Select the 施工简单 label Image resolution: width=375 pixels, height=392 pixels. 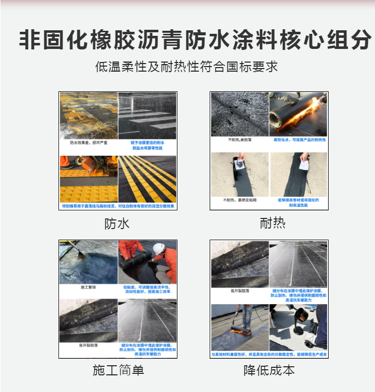tap(118, 370)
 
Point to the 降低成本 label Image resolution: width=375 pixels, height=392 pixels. tap(269, 370)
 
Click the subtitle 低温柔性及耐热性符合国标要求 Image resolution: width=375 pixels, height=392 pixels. tap(186, 67)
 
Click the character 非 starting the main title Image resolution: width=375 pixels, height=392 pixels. tap(30, 40)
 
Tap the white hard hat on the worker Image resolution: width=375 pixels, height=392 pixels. tap(159, 249)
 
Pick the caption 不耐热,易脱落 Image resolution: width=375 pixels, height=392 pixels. tap(238, 139)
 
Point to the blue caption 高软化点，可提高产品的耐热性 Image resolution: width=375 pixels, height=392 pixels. tap(299, 139)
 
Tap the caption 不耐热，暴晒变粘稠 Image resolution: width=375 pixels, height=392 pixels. tap(239, 201)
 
